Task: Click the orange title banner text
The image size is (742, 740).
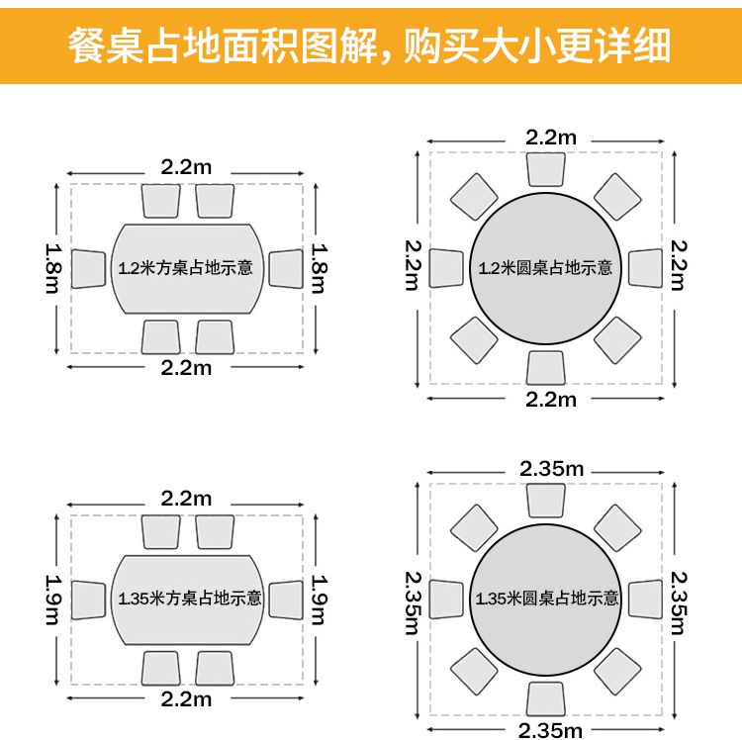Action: (x=370, y=45)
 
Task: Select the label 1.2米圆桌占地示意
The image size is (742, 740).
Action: (x=545, y=267)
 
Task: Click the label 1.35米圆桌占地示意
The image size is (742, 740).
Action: (x=547, y=599)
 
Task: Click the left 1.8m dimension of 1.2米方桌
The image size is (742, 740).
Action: (x=53, y=268)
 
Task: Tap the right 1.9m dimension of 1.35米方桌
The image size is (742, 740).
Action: (x=320, y=600)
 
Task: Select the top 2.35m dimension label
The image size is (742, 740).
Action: (x=551, y=469)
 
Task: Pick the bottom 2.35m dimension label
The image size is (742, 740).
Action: (x=551, y=730)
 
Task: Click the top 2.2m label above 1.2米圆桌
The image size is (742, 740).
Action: (x=551, y=138)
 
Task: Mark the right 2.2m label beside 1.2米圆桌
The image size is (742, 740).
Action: (x=678, y=265)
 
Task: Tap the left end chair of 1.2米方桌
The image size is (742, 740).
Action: (x=89, y=268)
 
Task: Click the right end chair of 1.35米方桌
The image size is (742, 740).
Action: (x=286, y=599)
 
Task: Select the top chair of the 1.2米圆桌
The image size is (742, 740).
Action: (x=546, y=169)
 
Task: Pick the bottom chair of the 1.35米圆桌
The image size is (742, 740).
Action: (x=546, y=698)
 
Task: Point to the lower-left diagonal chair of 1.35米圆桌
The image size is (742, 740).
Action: (x=475, y=670)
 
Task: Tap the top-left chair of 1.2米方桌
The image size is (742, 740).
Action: (x=161, y=200)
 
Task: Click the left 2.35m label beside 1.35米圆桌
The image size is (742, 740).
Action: (x=415, y=600)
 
